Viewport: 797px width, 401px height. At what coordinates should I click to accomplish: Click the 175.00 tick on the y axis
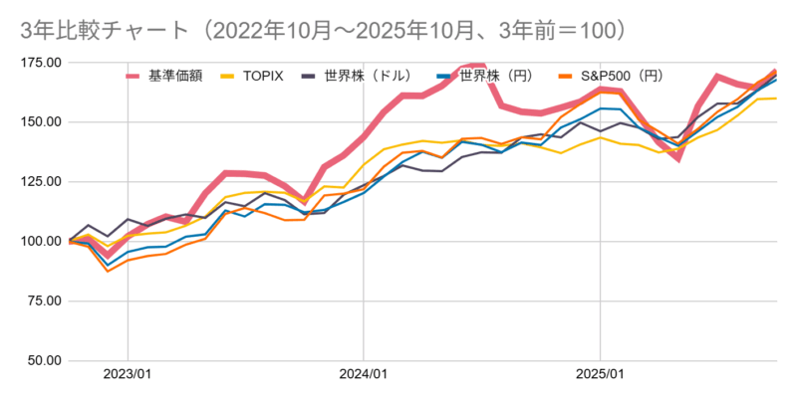[41, 63]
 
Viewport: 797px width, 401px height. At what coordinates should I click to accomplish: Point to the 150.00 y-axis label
[41, 122]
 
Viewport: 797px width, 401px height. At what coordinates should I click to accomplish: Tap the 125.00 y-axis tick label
[41, 182]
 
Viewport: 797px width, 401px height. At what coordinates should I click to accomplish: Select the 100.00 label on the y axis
[41, 242]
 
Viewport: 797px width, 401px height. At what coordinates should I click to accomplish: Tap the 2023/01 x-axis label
[128, 376]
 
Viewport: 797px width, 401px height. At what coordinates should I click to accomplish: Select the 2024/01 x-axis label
[364, 376]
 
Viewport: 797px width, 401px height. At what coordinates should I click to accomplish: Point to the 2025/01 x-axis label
[600, 376]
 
